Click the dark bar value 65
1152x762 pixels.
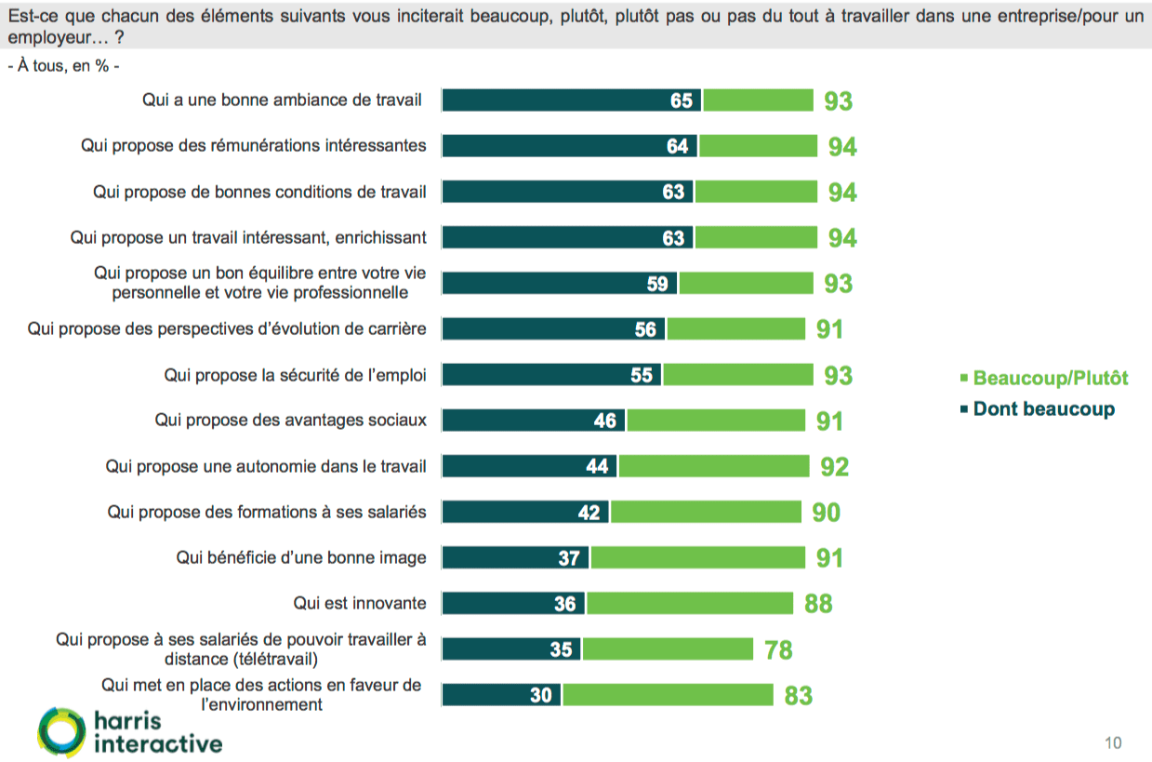[682, 100]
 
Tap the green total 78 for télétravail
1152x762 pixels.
[778, 649]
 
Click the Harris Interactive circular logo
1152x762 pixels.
[61, 731]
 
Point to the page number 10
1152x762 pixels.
[1113, 742]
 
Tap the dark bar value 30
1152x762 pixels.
[541, 695]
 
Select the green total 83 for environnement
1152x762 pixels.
[798, 695]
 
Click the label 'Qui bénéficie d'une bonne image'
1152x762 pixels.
[301, 558]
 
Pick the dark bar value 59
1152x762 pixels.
[657, 284]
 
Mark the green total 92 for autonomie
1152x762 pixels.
[834, 466]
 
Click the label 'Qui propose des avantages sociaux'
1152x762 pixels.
[291, 421]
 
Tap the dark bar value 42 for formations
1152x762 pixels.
[589, 512]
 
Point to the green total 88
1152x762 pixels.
[818, 604]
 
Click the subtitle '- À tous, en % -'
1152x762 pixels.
[63, 67]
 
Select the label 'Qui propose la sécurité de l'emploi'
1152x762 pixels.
[296, 375]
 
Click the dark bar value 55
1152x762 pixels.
[642, 375]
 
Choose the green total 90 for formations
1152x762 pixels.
[826, 512]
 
